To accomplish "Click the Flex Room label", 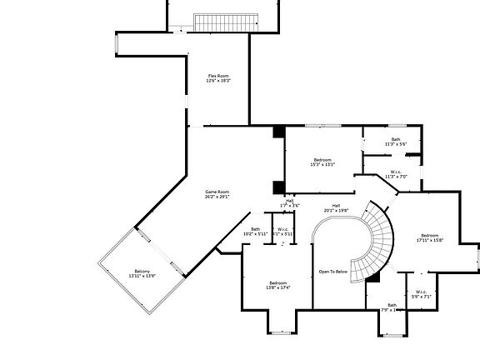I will (x=219, y=76).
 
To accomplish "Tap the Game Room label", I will (x=217, y=192).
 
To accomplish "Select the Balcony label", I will (x=142, y=271).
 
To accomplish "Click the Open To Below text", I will (x=332, y=272).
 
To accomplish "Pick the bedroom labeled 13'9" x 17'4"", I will (x=278, y=285).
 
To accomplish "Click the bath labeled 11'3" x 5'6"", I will (x=396, y=142).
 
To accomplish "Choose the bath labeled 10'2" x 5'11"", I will (x=255, y=232).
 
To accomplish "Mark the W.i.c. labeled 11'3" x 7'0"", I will (x=395, y=174).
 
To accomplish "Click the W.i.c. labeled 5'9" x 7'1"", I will (x=421, y=293).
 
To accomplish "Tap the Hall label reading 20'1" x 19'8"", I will (x=336, y=207).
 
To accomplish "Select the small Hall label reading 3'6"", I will (x=290, y=202).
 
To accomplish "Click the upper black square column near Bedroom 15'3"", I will (x=278, y=132).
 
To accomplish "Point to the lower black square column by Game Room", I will (x=278, y=187).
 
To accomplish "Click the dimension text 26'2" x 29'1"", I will (x=217, y=197).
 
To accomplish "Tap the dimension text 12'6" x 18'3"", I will (x=219, y=81).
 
